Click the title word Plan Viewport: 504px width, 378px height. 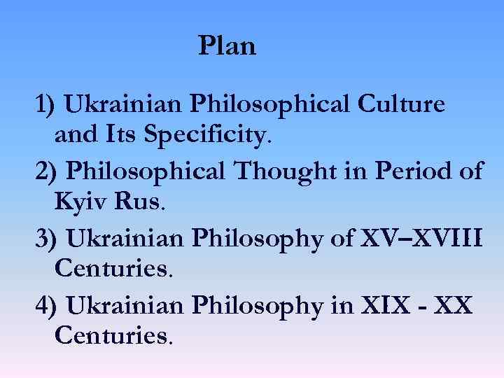[x=227, y=46]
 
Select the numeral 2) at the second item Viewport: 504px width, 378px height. [x=48, y=171]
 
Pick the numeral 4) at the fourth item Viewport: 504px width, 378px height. [x=48, y=306]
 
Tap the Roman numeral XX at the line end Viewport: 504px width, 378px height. [x=456, y=306]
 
